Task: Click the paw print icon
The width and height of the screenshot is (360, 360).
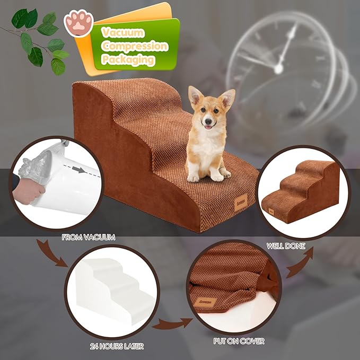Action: [78, 24]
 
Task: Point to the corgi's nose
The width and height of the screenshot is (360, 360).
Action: [208, 121]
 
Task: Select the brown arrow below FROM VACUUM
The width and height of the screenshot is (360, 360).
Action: [53, 254]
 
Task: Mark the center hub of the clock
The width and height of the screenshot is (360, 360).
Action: [277, 69]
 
